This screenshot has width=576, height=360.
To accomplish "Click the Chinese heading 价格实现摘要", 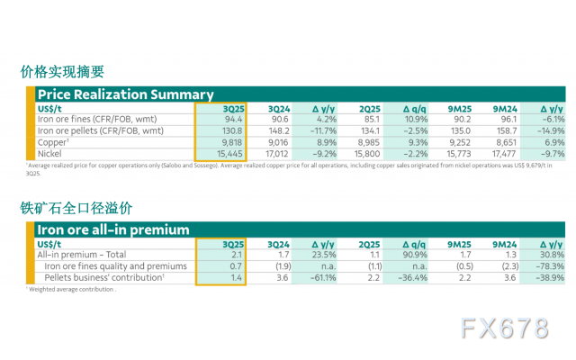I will click(x=62, y=72).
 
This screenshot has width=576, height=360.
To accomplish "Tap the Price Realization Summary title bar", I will click(x=126, y=94).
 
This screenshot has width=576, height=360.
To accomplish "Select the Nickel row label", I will click(x=51, y=155).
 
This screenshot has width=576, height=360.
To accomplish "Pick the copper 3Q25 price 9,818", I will click(x=231, y=142).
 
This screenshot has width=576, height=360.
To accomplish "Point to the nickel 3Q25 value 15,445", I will click(x=229, y=155).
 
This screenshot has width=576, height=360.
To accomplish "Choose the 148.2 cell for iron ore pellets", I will click(x=278, y=130).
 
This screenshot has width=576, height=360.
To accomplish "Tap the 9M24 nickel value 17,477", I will click(x=504, y=155).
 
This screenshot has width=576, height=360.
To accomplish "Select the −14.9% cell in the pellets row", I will click(x=548, y=130).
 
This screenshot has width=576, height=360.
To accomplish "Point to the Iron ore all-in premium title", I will click(x=112, y=230).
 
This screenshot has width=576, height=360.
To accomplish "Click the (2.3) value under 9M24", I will click(x=507, y=266).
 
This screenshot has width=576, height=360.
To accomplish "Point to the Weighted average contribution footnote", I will click(x=71, y=290).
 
